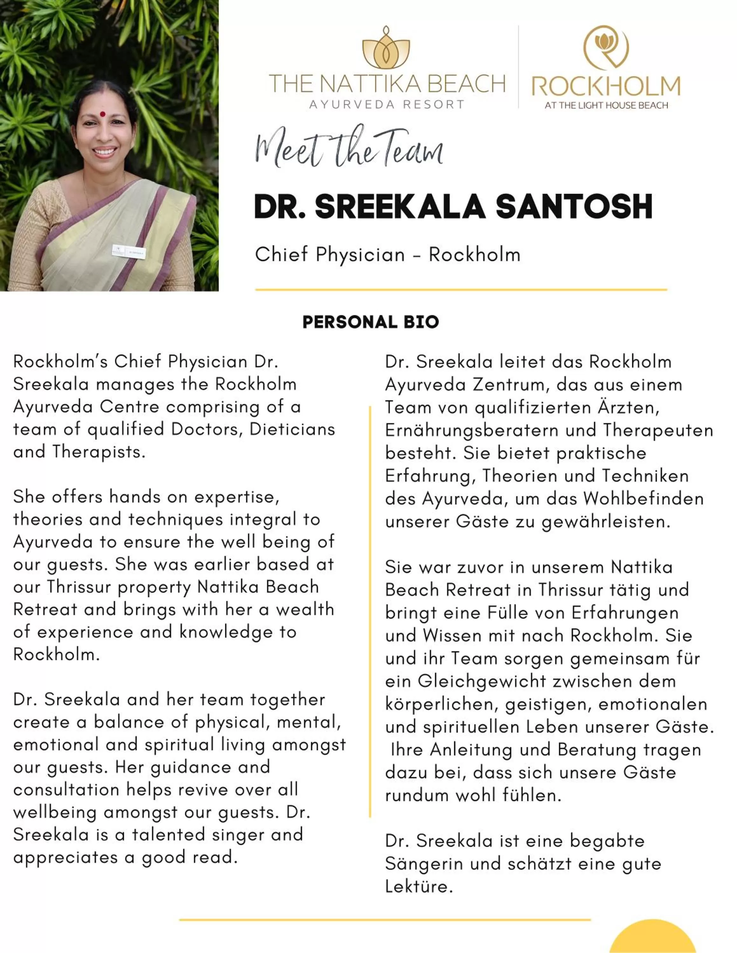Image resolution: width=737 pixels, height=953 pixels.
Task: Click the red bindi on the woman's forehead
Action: [102, 114]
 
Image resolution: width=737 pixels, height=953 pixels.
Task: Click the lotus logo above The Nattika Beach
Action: [386, 48]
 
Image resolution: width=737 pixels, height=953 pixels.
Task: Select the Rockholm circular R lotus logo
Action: [606, 47]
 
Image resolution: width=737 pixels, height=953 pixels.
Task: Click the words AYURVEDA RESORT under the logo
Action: [387, 105]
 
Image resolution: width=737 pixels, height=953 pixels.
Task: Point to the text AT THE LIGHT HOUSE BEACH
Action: [606, 105]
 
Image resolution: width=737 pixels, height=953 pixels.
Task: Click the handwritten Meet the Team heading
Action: [349, 148]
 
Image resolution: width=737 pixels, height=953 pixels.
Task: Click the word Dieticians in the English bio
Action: [292, 429]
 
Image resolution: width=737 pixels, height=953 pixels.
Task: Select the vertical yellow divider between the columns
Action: [370, 611]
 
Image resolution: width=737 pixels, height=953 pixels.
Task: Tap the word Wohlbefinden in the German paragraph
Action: [643, 499]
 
